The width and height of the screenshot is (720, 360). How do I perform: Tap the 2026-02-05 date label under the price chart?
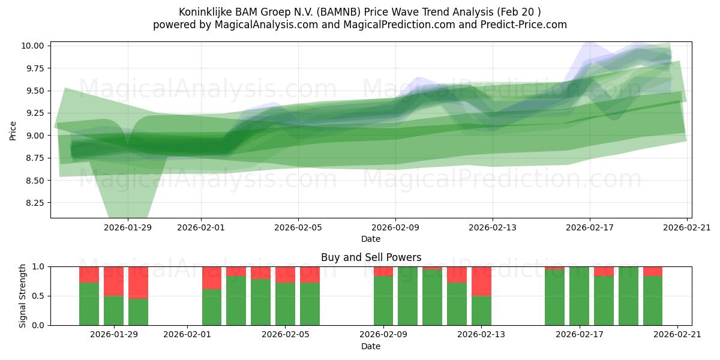pyautogui.click(x=298, y=227)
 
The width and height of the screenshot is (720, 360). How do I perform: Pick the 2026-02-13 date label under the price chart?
pyautogui.click(x=493, y=227)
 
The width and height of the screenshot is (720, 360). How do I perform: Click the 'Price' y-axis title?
pyautogui.click(x=13, y=130)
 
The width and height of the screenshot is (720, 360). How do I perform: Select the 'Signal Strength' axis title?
pyautogui.click(x=22, y=296)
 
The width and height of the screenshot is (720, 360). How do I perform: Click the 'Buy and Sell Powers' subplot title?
pyautogui.click(x=371, y=257)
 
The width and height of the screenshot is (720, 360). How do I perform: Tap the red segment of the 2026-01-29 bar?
pyautogui.click(x=113, y=281)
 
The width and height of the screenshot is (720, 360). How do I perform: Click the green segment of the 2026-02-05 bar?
pyautogui.click(x=285, y=304)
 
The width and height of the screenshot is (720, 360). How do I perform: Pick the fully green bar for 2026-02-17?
pyautogui.click(x=579, y=296)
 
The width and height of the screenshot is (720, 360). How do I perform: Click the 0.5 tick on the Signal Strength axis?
pyautogui.click(x=39, y=296)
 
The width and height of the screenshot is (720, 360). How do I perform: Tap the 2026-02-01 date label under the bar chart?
pyautogui.click(x=187, y=335)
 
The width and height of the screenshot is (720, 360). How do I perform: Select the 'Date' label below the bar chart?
pyautogui.click(x=371, y=346)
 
